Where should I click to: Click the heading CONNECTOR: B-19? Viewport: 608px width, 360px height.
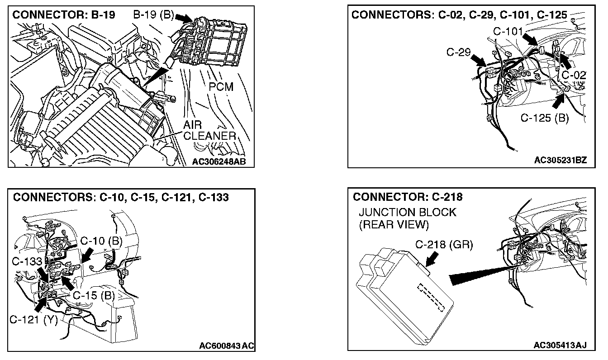click(64, 14)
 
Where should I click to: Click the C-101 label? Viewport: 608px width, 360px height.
click(508, 31)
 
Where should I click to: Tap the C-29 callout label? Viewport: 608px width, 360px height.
click(459, 52)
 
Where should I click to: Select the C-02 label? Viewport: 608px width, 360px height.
click(574, 75)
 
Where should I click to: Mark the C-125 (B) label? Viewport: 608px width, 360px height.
click(544, 118)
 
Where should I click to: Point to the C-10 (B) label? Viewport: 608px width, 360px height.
click(101, 241)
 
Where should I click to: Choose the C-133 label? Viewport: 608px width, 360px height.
click(27, 261)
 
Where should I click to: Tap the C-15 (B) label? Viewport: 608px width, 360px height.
click(95, 296)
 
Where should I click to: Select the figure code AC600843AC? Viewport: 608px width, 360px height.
click(227, 346)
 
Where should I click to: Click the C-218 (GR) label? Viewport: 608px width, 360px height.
click(444, 245)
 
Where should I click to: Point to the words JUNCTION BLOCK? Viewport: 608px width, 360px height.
click(407, 213)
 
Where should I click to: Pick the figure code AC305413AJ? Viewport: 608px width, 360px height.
click(560, 346)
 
